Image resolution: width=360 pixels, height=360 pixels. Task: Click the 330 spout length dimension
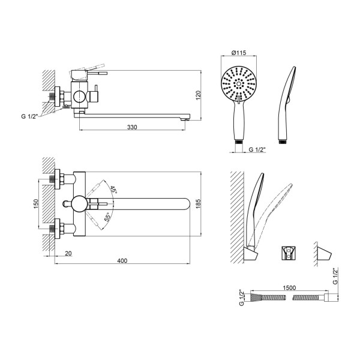point(132,127)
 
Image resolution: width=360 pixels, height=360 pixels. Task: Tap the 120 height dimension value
point(198,95)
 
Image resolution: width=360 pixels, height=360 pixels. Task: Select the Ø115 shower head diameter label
point(239,53)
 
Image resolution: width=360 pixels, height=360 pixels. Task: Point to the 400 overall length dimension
point(122,260)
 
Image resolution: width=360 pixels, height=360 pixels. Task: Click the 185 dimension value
point(198,204)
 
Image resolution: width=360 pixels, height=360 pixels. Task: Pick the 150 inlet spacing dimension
point(36,204)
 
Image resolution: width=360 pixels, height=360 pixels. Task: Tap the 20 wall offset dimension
point(68,253)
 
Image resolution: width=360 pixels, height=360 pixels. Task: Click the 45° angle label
point(113,189)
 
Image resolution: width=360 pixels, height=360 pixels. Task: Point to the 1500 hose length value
point(289,287)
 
